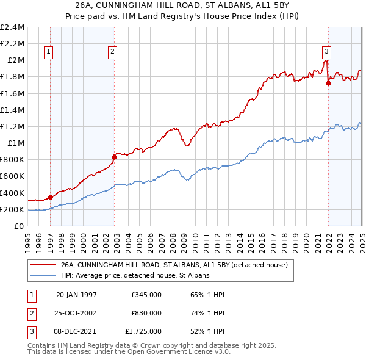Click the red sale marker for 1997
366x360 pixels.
50,196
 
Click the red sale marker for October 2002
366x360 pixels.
114,157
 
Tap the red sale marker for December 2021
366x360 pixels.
328,84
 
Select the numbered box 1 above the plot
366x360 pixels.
48,52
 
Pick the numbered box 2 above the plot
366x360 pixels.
113,52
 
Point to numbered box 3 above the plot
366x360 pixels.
327,52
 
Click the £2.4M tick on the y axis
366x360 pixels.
12,27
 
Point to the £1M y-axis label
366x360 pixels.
16,143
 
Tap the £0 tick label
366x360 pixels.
20,226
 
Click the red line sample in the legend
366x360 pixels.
43,265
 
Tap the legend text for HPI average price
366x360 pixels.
135,276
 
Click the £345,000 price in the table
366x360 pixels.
146,295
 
